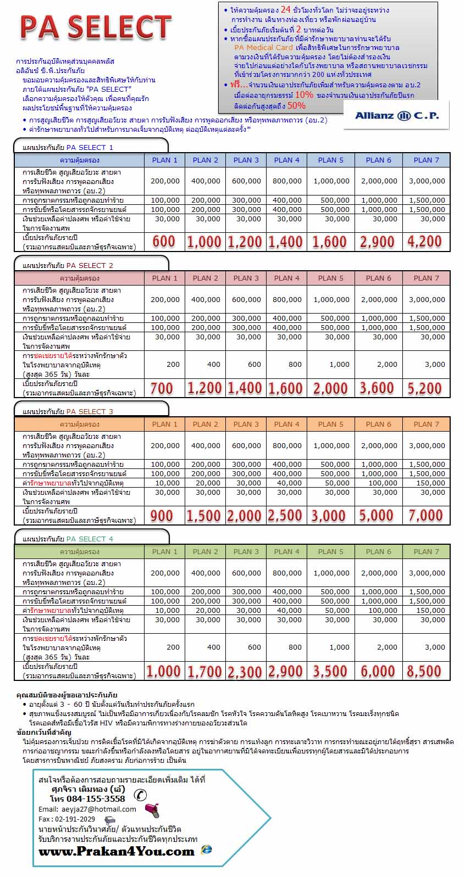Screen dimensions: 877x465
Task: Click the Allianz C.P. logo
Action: tap(396, 115)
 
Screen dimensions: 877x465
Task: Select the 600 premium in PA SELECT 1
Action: tap(163, 242)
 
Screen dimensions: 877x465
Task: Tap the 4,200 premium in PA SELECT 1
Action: tap(424, 242)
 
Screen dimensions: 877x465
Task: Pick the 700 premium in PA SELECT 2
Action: tap(162, 389)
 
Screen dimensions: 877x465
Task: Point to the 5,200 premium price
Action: tap(424, 389)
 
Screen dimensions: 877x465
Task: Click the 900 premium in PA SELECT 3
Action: tap(162, 516)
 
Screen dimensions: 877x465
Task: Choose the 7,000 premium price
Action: tap(425, 516)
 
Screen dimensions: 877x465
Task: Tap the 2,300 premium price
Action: tap(245, 672)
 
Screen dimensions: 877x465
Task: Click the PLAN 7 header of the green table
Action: tap(426, 551)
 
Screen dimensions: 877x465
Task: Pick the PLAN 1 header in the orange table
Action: tap(165, 424)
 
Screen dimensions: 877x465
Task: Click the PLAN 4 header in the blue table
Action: tap(287, 160)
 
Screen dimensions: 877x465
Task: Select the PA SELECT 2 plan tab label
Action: tap(90, 265)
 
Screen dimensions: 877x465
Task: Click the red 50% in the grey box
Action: tap(296, 105)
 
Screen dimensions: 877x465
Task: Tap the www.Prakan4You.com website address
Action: tap(117, 852)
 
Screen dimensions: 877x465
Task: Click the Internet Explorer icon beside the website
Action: tap(207, 850)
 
